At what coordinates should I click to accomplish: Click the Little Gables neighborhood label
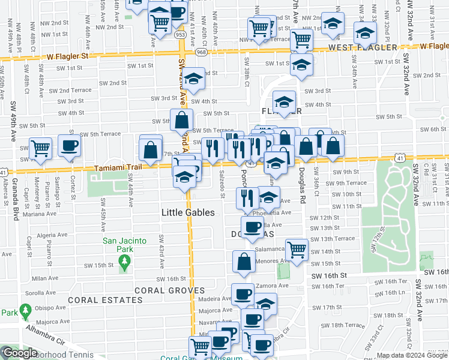188,213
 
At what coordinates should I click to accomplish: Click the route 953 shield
180,35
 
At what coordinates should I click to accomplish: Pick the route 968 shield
201,52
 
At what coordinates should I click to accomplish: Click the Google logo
20,353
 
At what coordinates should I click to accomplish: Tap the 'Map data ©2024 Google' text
412,355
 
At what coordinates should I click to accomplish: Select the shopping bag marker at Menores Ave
244,261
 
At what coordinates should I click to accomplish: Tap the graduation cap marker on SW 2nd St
193,79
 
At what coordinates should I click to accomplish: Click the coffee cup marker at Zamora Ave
243,293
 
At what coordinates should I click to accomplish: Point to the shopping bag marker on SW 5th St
181,121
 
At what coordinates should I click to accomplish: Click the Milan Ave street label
45,278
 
